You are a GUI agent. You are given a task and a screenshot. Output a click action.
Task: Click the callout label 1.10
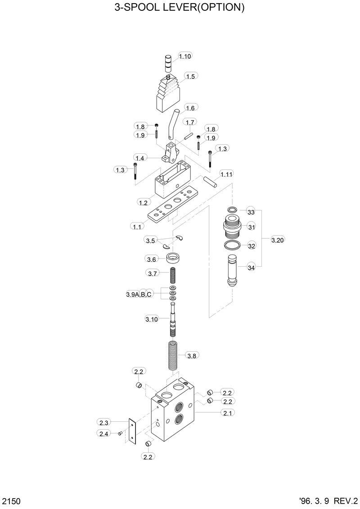point(185,56)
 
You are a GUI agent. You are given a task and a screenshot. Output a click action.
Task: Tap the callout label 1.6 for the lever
point(190,108)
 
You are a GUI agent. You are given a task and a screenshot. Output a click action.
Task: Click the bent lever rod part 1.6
point(172,124)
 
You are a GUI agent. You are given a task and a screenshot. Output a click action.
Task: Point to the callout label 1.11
point(226,174)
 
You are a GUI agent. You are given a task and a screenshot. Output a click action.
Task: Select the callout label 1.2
point(143,203)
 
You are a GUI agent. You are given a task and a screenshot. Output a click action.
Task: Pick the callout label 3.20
point(278,240)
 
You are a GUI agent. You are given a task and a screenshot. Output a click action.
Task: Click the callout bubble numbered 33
point(251,212)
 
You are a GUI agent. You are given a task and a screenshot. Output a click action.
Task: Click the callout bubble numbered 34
point(251,268)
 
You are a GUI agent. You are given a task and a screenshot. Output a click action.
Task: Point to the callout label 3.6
point(151,259)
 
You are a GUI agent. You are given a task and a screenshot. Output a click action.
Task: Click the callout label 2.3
point(104,422)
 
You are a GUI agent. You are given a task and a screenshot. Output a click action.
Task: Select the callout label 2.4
point(104,433)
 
